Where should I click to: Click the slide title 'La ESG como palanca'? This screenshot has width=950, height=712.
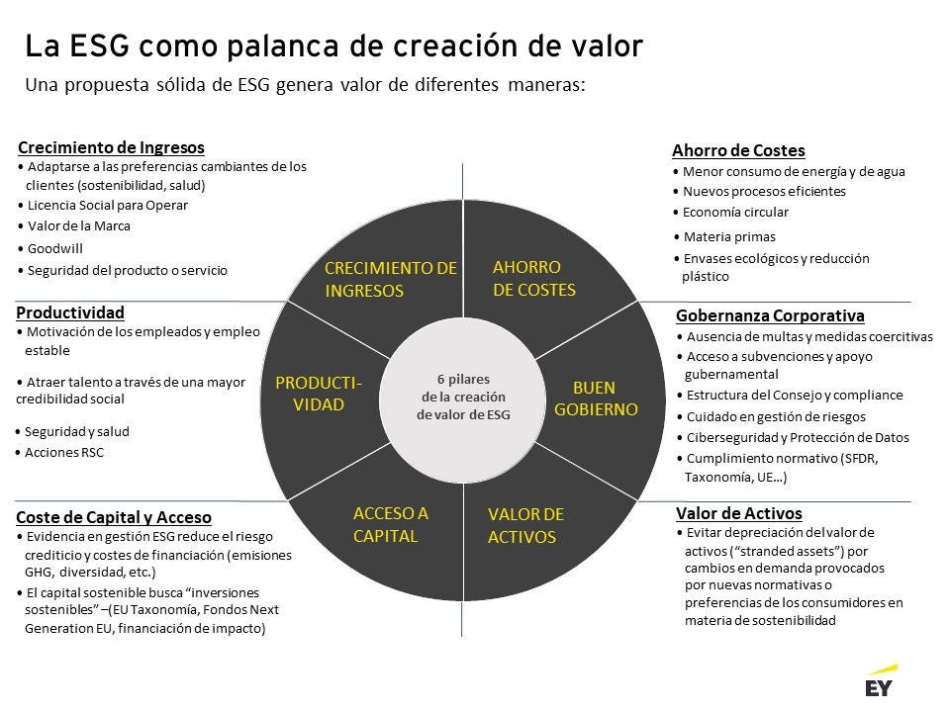click(x=334, y=45)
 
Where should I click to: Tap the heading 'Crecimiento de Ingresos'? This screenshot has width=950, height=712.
click(x=111, y=147)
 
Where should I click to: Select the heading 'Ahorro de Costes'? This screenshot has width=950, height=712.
click(x=738, y=150)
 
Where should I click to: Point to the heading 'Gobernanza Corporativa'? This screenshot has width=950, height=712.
click(x=770, y=315)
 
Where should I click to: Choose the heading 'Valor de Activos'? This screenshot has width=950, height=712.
click(x=738, y=513)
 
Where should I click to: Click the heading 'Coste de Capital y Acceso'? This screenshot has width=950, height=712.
click(x=114, y=517)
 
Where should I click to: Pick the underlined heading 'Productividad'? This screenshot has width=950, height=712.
click(x=70, y=312)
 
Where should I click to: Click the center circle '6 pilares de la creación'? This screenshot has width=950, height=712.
click(x=463, y=397)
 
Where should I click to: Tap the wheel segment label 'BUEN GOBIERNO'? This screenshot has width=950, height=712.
click(x=596, y=399)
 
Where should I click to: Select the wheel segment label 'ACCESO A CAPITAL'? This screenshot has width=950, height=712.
click(x=390, y=524)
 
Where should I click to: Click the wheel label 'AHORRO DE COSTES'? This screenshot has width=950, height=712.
click(x=533, y=279)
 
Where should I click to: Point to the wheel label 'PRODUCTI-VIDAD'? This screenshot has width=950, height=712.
click(x=319, y=393)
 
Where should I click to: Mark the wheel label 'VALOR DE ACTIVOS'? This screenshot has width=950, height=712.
click(x=525, y=526)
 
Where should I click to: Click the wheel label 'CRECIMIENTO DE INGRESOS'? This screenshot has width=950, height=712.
click(x=390, y=279)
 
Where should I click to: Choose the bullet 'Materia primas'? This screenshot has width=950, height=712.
click(x=729, y=237)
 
